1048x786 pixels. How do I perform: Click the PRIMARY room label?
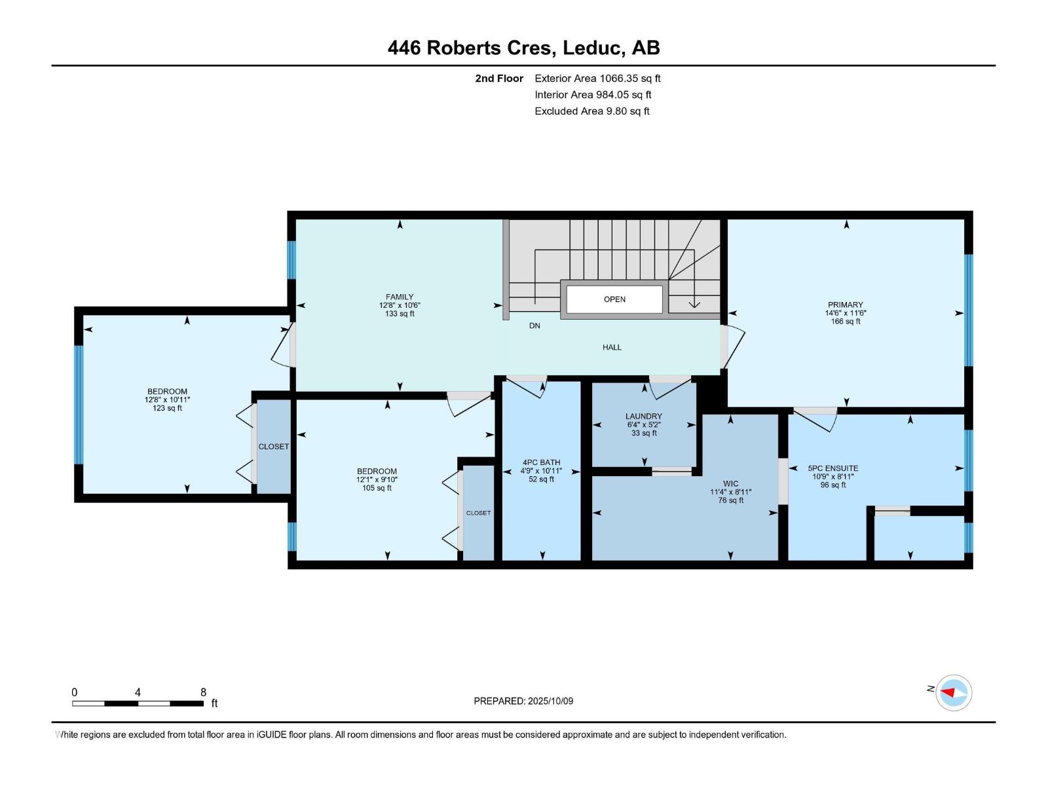point(845,305)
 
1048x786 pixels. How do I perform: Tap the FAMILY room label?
point(400,297)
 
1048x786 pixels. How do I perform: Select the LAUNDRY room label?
point(644,416)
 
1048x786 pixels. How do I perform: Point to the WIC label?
point(730,484)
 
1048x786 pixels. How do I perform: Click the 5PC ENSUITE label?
point(833,468)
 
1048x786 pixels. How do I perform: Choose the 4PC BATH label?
point(541,462)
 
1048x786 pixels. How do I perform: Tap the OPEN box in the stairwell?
point(614,299)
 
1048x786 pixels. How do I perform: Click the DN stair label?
point(534,326)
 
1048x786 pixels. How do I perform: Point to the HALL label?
point(612,347)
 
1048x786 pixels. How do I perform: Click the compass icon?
point(953,692)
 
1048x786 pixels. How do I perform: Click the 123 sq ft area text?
point(167,408)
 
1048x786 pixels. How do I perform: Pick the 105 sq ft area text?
point(377,488)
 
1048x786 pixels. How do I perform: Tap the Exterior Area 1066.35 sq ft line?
point(597,78)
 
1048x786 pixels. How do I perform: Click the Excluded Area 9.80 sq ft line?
point(592,111)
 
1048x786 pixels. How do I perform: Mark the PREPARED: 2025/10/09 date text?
point(523,701)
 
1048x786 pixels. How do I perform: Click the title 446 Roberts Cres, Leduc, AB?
point(524,48)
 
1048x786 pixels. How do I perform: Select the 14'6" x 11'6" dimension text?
point(845,313)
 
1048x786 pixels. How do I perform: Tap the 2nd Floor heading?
point(499,78)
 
